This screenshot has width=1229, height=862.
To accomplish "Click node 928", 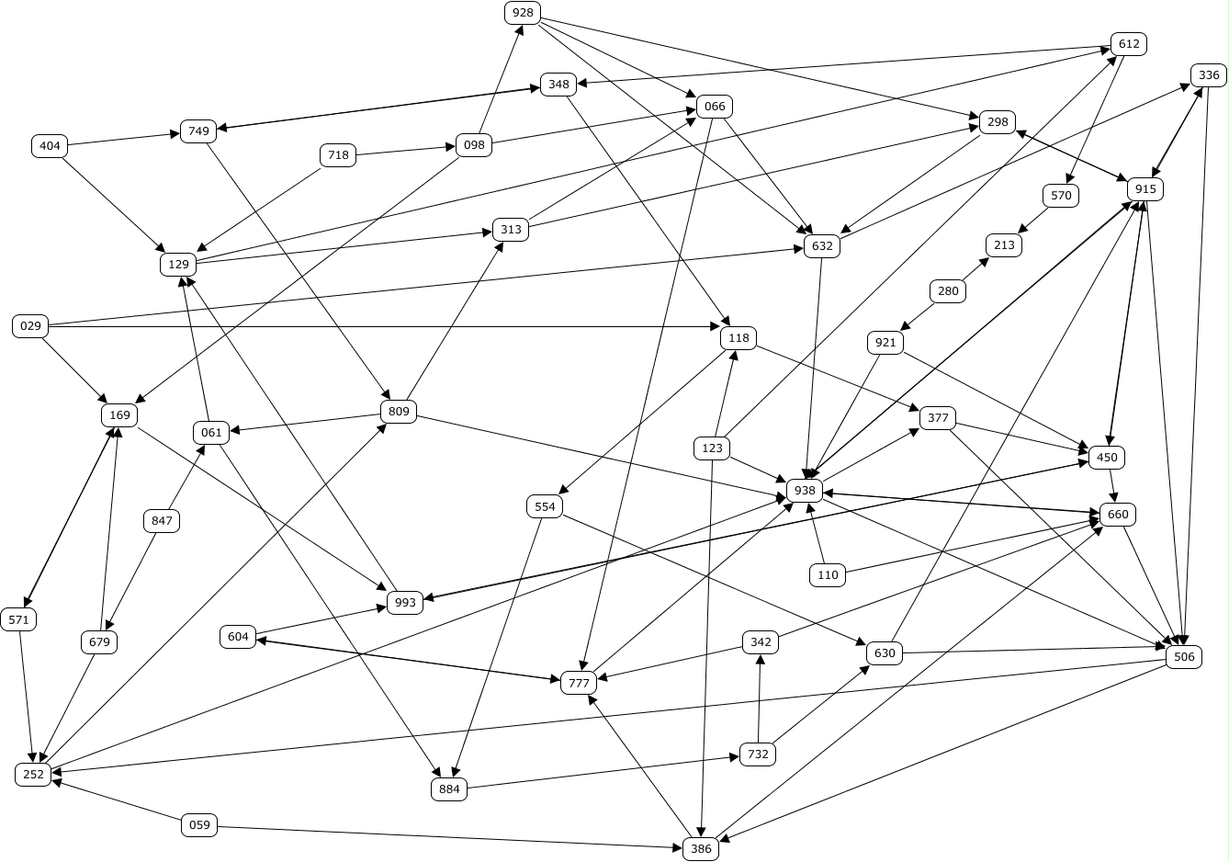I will pyautogui.click(x=523, y=13).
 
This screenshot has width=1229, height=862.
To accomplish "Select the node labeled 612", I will pyautogui.click(x=1129, y=44).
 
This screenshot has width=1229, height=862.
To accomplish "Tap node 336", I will pyautogui.click(x=1209, y=75).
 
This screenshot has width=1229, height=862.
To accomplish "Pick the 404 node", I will pyautogui.click(x=50, y=145).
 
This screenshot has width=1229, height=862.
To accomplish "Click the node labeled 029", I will pyautogui.click(x=30, y=326).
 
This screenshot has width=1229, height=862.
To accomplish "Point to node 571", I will pyautogui.click(x=18, y=619).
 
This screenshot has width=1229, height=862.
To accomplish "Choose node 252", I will pyautogui.click(x=33, y=775).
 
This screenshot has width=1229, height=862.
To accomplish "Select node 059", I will pyautogui.click(x=199, y=825).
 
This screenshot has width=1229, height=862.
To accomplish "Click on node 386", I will pyautogui.click(x=701, y=849).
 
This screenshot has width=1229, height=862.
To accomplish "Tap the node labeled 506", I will pyautogui.click(x=1184, y=657).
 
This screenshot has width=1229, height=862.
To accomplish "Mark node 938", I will pyautogui.click(x=805, y=491).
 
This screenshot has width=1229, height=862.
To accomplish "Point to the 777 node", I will pyautogui.click(x=579, y=683).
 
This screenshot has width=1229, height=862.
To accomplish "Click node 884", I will pyautogui.click(x=449, y=789).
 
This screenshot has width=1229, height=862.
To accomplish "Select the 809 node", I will pyautogui.click(x=399, y=411).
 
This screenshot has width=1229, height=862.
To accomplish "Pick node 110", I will pyautogui.click(x=828, y=575).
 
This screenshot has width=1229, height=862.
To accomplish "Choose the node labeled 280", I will pyautogui.click(x=949, y=292).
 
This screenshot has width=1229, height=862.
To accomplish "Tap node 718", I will pyautogui.click(x=338, y=155).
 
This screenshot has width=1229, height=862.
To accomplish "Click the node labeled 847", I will pyautogui.click(x=162, y=521).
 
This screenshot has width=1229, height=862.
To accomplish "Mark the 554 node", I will pyautogui.click(x=545, y=506).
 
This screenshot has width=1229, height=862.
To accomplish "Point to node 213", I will pyautogui.click(x=1004, y=245).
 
